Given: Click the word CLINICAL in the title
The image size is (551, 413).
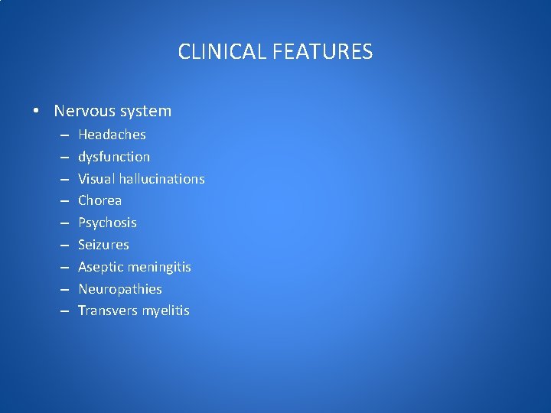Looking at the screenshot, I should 215,52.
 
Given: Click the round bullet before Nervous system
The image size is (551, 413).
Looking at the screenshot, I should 37,112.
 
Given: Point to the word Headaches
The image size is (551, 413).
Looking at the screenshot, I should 112,135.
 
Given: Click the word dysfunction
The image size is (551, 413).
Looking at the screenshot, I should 114,157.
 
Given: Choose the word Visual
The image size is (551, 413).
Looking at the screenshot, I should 94,179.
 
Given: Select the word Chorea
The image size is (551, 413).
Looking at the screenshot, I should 99,200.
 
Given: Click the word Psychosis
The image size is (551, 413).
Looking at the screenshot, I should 107,223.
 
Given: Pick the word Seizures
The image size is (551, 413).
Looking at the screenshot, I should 103,245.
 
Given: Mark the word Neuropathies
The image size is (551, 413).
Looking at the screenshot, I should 120,289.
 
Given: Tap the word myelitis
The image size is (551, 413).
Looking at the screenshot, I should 164,311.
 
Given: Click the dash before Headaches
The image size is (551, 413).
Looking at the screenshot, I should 62,135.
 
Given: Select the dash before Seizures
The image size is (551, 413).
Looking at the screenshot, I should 62,245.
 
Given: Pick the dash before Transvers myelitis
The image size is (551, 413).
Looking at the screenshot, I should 62,311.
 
